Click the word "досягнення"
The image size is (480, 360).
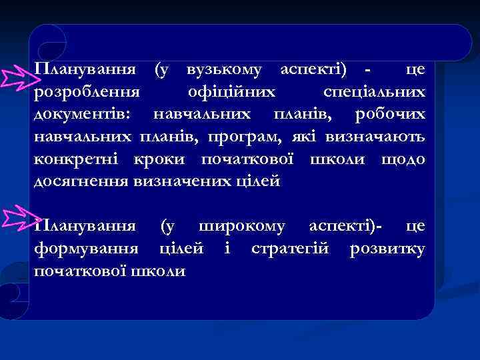[81, 181]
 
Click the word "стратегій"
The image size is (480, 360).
[293, 249]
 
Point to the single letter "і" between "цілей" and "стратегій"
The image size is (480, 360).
[226, 249]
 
